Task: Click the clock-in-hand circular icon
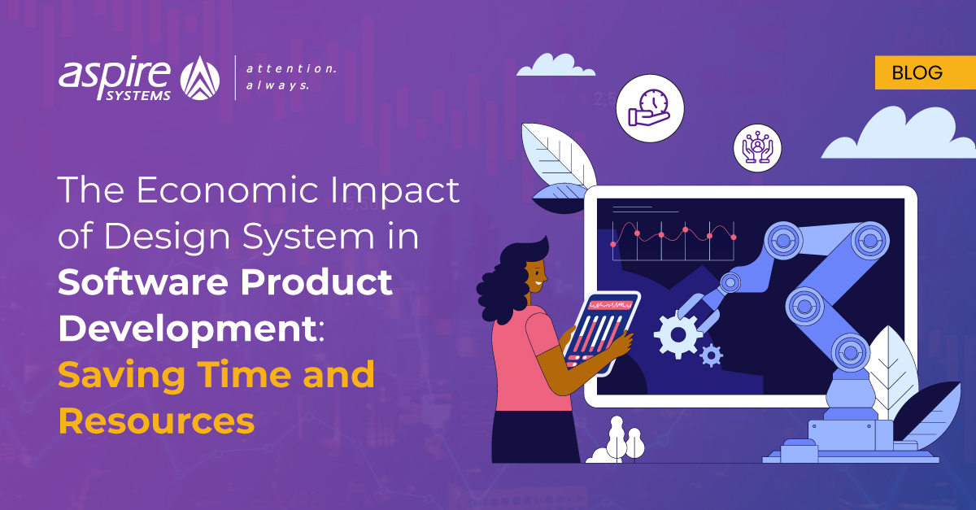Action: [x=650, y=109]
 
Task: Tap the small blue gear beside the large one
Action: [x=712, y=355]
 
